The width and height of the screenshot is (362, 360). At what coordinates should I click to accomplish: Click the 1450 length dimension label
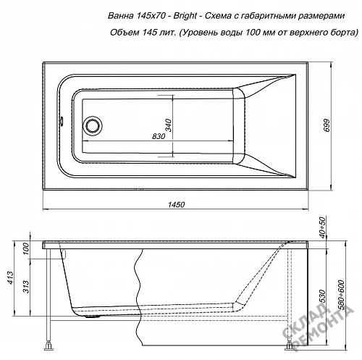click(176, 204)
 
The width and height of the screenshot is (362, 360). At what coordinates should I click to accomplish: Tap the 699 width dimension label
click(327, 125)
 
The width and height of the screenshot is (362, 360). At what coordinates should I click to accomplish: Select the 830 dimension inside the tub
click(159, 136)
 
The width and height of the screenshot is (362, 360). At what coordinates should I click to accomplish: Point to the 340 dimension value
click(168, 125)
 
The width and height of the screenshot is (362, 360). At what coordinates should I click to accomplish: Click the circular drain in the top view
click(92, 125)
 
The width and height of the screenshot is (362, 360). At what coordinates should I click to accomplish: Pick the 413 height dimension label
click(10, 277)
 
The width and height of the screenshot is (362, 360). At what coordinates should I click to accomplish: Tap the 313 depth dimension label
click(26, 287)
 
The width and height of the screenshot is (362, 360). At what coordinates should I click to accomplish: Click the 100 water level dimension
click(26, 248)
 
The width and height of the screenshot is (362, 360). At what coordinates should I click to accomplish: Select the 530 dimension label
click(323, 296)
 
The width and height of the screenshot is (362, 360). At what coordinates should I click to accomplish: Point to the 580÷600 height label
click(341, 295)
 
